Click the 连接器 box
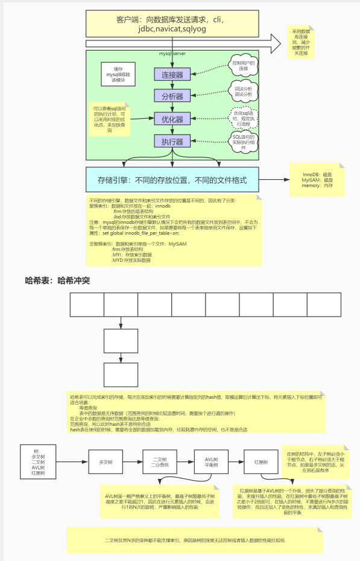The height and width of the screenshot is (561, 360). tap(172, 75)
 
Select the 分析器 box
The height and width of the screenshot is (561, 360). tap(172, 97)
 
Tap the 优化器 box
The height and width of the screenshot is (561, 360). tap(172, 119)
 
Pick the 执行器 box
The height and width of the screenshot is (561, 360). tap(172, 142)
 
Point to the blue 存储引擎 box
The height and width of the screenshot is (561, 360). tap(172, 180)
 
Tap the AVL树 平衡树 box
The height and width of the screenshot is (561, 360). tap(210, 462)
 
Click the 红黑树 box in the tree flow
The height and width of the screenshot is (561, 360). tap(261, 462)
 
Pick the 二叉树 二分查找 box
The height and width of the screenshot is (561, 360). tap(160, 462)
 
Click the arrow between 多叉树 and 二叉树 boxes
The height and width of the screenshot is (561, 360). tap(134, 462)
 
